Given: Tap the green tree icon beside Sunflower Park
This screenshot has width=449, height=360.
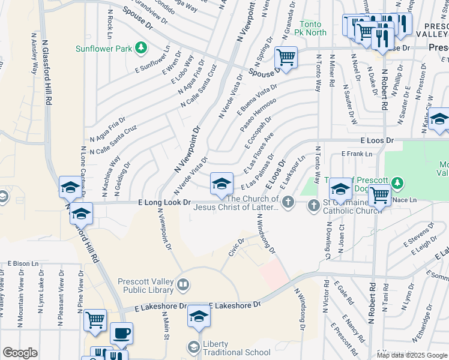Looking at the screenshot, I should (140, 47).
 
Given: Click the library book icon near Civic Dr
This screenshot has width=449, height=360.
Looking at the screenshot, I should (184, 284).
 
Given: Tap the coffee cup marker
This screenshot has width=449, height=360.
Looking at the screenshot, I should (121, 333).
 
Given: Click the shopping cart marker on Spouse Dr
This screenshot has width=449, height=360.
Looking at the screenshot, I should (286, 58).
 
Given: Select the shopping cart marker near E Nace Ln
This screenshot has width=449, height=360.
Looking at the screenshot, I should (379, 194).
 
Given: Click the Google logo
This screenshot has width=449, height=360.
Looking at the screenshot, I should (20, 353).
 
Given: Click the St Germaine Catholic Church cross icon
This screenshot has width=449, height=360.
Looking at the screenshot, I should (313, 206).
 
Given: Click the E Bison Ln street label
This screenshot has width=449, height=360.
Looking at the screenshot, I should (23, 263).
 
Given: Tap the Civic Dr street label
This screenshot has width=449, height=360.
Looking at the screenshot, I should (237, 248).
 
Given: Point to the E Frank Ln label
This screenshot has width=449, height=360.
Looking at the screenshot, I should (357, 154).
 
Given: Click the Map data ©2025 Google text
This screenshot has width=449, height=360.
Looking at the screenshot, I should (411, 355).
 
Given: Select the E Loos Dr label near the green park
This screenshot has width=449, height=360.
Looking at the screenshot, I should (377, 140).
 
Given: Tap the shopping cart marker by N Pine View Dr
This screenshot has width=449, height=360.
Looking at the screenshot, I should (95, 320).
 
